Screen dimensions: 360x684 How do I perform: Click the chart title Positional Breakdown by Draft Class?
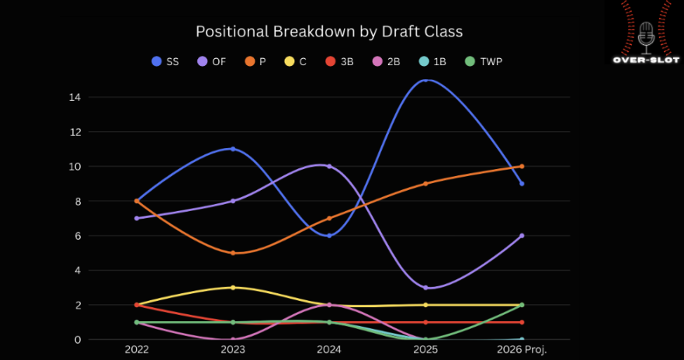click(329, 32)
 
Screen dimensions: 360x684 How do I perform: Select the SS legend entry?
click(165, 61)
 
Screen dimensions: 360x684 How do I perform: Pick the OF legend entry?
click(211, 61)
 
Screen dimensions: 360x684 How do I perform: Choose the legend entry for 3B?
click(339, 61)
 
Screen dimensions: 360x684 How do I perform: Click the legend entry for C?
click(296, 61)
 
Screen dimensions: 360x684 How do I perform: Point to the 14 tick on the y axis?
click(75, 97)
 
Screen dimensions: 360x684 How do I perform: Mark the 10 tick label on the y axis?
click(75, 167)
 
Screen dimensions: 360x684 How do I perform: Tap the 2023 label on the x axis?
click(233, 350)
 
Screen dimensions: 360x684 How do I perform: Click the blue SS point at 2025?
click(425, 80)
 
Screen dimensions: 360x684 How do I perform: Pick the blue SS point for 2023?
click(233, 149)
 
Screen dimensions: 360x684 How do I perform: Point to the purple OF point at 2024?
click(329, 166)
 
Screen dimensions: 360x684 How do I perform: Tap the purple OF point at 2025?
click(425, 288)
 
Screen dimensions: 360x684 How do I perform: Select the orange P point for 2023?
click(233, 253)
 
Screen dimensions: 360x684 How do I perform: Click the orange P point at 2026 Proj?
click(522, 166)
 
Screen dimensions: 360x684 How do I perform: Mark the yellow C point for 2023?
click(233, 288)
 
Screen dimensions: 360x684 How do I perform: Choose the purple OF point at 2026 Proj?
click(522, 236)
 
